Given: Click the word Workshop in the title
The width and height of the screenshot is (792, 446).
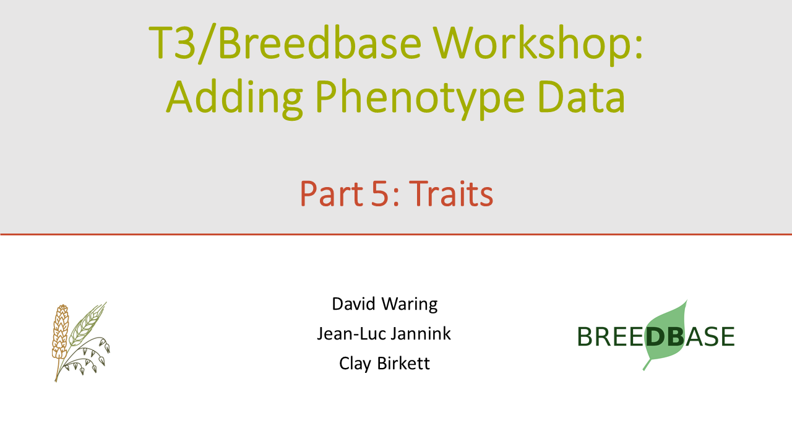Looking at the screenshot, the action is (x=538, y=45).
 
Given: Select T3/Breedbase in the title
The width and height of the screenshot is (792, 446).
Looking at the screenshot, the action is (x=285, y=44).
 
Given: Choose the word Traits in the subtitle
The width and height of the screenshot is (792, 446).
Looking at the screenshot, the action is (x=451, y=193).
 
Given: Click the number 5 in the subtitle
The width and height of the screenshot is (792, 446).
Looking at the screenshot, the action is (x=380, y=194).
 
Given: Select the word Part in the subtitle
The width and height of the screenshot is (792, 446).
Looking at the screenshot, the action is (x=332, y=194).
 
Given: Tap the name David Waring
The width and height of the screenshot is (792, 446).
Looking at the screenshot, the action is (x=385, y=304).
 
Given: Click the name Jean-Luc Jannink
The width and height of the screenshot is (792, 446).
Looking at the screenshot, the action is (x=384, y=333).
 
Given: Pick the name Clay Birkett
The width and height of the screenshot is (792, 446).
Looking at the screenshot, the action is (x=384, y=364).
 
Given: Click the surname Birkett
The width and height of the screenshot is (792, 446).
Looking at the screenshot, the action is (x=403, y=363).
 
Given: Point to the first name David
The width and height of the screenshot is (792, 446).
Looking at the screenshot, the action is (x=353, y=304).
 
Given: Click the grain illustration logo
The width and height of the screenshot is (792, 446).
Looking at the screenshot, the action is (x=81, y=341).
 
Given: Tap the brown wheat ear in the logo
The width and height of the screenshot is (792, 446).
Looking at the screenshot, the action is (x=60, y=333).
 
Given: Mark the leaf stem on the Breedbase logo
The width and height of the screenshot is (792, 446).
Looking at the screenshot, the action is (x=647, y=365).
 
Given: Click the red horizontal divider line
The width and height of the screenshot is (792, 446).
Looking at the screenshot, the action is (x=396, y=234).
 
